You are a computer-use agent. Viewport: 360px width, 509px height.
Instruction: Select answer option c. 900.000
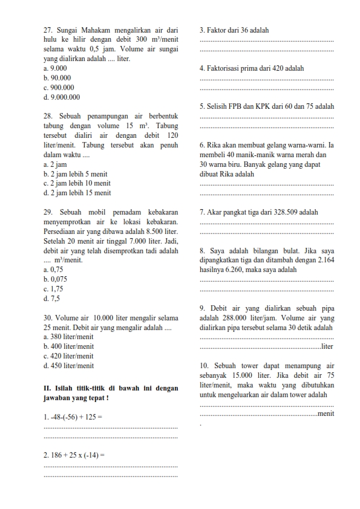[59, 87]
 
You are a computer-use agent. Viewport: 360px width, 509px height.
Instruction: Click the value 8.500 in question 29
[154, 232]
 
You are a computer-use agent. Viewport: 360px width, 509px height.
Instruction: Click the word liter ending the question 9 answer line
[327, 346]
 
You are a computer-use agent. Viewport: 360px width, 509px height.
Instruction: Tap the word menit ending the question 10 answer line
[326, 413]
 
